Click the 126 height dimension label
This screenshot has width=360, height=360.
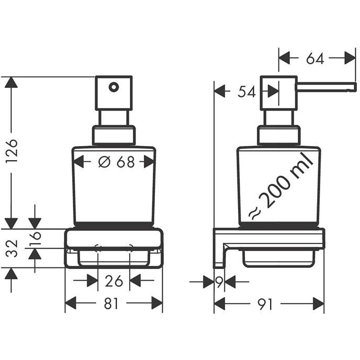coord(12,151)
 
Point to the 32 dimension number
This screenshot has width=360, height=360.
coord(12,249)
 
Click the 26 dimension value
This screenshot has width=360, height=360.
coord(114,282)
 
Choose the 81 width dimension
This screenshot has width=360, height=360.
coord(111,303)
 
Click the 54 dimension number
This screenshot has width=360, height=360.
coord(246,92)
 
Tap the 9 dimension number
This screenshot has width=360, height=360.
coord(219,283)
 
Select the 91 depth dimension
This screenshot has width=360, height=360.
coord(266,303)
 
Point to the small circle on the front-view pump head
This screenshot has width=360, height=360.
coord(114,86)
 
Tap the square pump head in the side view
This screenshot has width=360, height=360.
coord(279,93)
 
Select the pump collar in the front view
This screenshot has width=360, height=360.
coord(114,135)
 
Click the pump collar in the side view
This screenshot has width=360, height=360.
coord(279,135)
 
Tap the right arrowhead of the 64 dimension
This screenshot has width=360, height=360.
coord(350,59)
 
